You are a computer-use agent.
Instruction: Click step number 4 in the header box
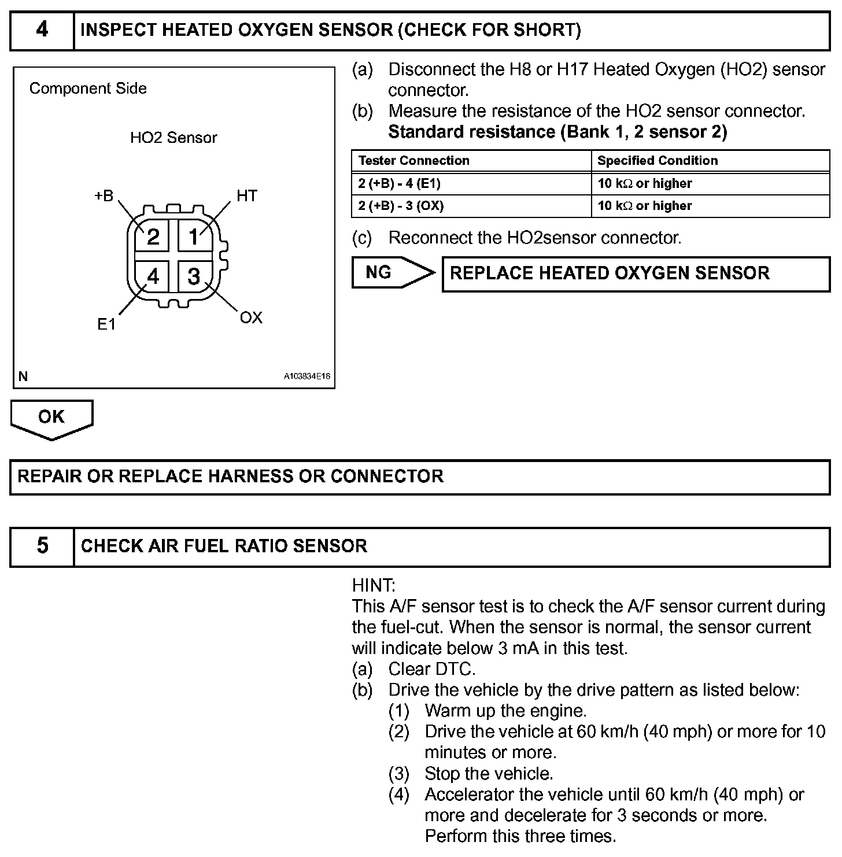42,30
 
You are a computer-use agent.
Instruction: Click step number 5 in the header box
42,546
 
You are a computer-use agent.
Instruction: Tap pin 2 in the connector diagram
153,237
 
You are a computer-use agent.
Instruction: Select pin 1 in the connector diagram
194,237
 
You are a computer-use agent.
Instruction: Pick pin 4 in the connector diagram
153,276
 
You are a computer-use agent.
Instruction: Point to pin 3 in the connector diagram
194,276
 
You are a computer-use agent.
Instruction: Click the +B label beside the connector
104,197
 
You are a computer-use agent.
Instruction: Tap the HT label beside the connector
247,196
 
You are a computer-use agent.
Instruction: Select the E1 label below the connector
106,325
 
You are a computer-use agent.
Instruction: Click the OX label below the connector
251,317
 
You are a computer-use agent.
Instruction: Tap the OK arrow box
51,418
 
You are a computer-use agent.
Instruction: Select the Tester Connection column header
413,161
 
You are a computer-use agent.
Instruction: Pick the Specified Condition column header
658,161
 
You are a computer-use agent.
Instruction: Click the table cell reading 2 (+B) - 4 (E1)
399,184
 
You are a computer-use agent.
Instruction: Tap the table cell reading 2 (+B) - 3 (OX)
401,206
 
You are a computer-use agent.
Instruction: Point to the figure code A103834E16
306,376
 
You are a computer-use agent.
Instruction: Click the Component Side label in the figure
88,88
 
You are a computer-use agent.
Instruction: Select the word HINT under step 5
373,585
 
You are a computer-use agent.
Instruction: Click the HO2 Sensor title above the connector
173,138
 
